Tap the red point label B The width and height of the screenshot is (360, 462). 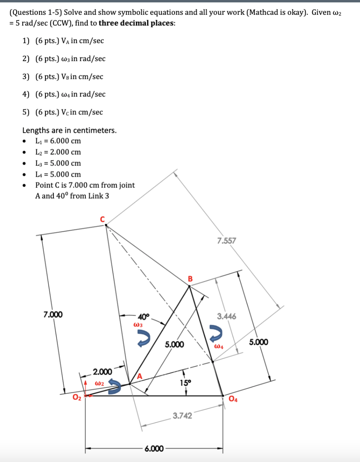coord(190,278)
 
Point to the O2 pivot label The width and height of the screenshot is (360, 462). coord(77,398)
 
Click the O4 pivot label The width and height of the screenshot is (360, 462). coord(233,400)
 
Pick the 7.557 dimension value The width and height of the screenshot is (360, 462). coord(227,241)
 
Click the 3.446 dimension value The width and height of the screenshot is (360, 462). coord(227,316)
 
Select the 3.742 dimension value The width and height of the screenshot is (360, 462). coord(182,416)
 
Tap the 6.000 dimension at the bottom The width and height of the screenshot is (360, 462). coord(154,449)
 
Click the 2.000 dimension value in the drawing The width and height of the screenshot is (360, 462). coord(102,372)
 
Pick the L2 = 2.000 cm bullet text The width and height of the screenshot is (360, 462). coord(58,152)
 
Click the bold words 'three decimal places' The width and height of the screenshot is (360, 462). coord(136,22)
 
